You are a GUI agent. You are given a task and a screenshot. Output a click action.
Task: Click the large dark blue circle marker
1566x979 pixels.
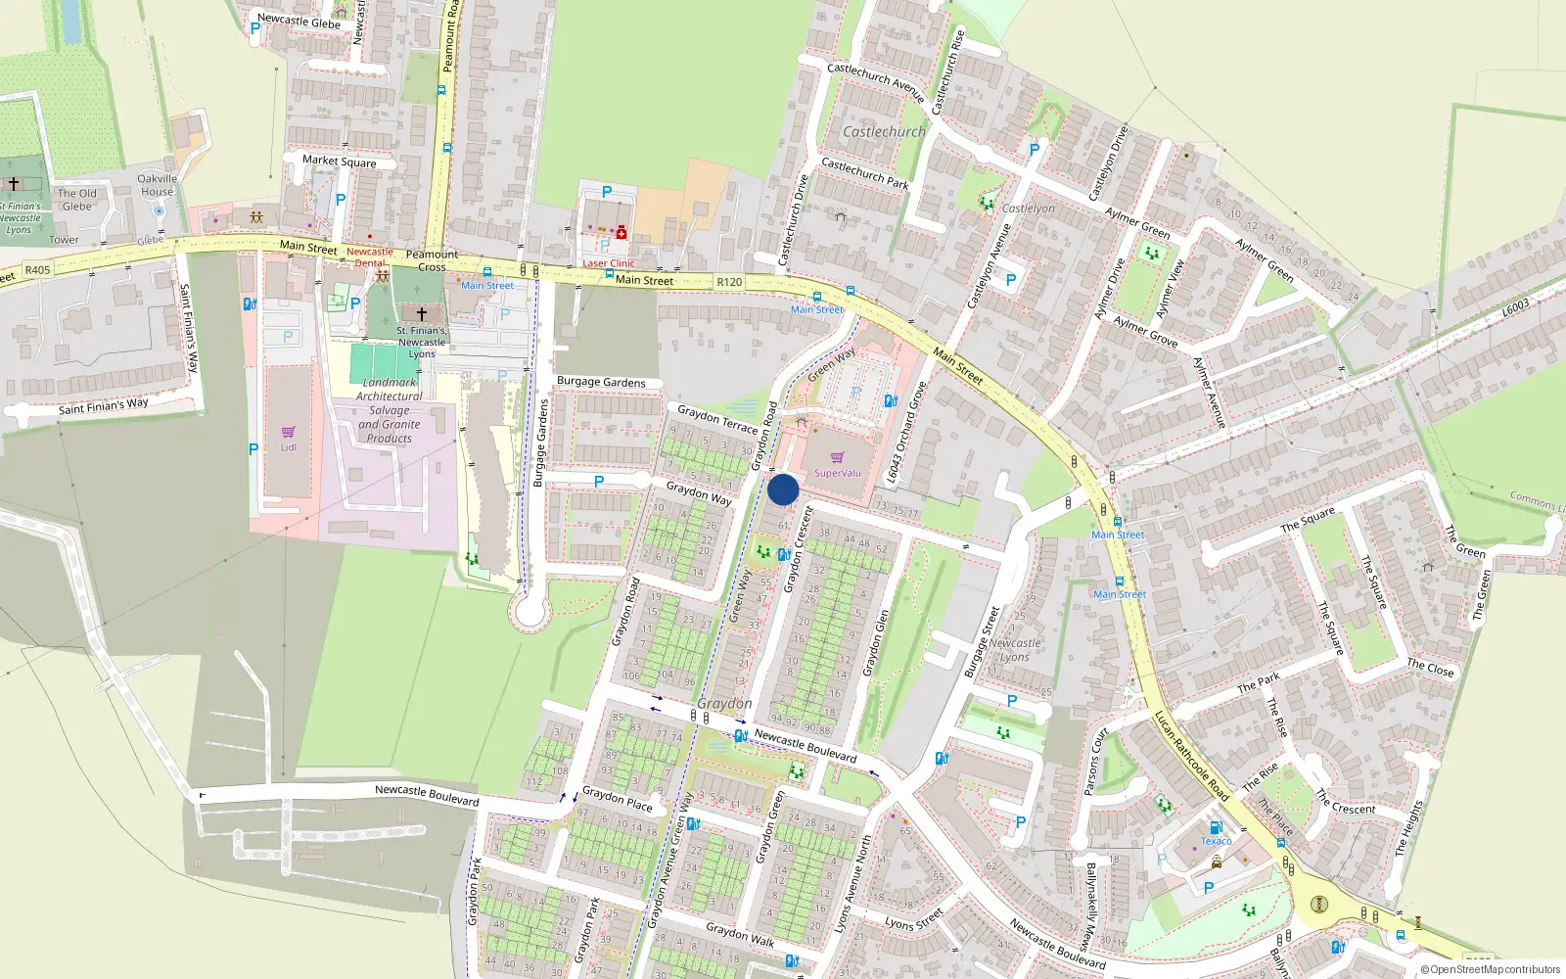pyautogui.click(x=783, y=489)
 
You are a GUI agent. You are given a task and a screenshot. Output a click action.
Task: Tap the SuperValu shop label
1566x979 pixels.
pyautogui.click(x=838, y=473)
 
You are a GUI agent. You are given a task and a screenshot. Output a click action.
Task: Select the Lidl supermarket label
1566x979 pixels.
pyautogui.click(x=289, y=447)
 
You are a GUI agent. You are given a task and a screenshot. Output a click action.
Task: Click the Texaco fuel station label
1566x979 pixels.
pyautogui.click(x=1217, y=841)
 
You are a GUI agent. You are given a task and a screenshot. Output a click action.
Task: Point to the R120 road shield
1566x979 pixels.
pyautogui.click(x=729, y=282)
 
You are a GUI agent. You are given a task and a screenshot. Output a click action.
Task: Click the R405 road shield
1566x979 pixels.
pyautogui.click(x=37, y=270)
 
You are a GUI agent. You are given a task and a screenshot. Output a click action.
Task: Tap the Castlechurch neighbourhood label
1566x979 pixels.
pyautogui.click(x=884, y=131)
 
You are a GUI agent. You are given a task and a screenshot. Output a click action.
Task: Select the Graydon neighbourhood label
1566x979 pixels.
pyautogui.click(x=724, y=703)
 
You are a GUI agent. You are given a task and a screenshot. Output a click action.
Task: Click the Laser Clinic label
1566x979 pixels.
pyautogui.click(x=609, y=263)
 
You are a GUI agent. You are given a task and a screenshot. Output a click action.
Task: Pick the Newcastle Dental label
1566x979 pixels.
pyautogui.click(x=369, y=257)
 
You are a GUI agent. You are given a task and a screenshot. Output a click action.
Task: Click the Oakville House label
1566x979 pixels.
pyautogui.click(x=157, y=185)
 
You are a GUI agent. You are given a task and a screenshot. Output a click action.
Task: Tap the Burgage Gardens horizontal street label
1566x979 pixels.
pyautogui.click(x=601, y=382)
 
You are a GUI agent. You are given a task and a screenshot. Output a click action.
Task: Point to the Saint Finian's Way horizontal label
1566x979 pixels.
pyautogui.click(x=104, y=405)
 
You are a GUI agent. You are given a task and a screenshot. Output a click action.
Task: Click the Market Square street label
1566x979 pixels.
pyautogui.click(x=339, y=161)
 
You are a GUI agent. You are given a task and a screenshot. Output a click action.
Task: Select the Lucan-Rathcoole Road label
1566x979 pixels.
pyautogui.click(x=1191, y=756)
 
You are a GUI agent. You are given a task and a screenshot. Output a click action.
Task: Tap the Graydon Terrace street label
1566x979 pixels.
pyautogui.click(x=717, y=419)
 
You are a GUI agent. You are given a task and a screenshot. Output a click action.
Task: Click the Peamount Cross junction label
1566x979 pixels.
pyautogui.click(x=432, y=260)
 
